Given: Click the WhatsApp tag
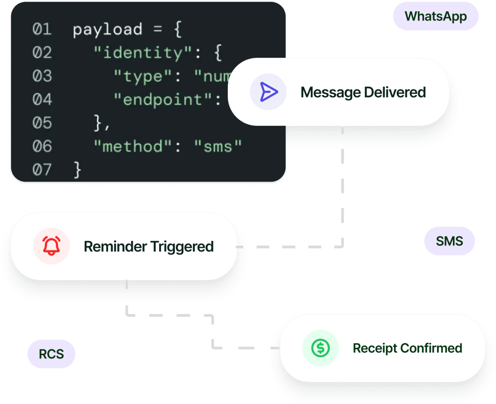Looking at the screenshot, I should pos(435,16).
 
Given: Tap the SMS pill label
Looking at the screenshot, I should pos(449,241).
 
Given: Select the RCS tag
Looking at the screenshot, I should pos(51,354).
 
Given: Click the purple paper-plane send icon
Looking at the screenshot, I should pos(268,92).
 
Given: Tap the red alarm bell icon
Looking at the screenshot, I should pos(51,246).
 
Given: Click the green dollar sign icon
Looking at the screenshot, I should pos(320,348).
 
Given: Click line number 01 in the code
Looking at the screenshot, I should pos(42,29).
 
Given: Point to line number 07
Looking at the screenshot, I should pos(42,169).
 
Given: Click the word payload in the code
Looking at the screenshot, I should pos(107,30).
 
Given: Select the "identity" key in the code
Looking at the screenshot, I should pos(138,53).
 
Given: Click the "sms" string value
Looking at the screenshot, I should pos(218,146).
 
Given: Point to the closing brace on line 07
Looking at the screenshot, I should pos(77,169).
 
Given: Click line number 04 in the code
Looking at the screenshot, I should pos(42,100).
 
